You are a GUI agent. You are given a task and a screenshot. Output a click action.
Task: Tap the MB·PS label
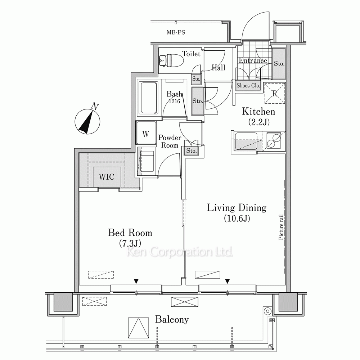[176, 32]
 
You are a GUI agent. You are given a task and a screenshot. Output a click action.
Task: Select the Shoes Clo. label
[248, 86]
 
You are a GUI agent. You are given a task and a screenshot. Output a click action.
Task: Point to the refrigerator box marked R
[275, 93]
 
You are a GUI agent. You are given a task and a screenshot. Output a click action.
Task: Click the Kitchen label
[258, 112]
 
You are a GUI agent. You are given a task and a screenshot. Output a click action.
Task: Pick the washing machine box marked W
[146, 133]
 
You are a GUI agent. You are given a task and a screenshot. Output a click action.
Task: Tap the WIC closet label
[107, 177]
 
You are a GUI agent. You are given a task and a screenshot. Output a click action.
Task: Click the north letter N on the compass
[94, 106]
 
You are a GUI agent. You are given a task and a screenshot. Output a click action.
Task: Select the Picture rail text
[280, 227]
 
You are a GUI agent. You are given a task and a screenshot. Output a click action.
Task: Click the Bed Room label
[130, 233]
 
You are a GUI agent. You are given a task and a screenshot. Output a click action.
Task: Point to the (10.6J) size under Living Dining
[237, 218]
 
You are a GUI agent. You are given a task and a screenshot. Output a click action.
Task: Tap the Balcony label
[172, 319]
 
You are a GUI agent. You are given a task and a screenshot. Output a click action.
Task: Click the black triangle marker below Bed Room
[136, 281]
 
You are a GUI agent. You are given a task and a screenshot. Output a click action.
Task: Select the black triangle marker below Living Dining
[227, 281]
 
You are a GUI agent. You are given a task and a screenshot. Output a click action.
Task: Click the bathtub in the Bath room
[149, 98]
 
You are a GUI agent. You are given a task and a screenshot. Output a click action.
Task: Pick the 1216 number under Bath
[174, 101]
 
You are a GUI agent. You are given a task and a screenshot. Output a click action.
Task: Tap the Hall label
[219, 68]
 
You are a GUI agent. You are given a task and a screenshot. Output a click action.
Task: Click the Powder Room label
[170, 141]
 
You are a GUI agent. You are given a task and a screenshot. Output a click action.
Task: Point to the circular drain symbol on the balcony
[267, 311]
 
